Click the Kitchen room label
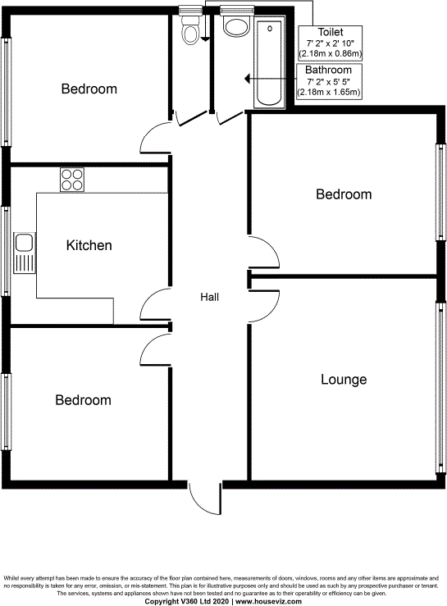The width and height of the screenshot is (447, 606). click(89, 245)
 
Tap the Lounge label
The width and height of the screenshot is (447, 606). click(343, 380)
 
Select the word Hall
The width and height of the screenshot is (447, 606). click(210, 297)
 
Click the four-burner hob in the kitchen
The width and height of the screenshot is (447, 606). click(71, 180)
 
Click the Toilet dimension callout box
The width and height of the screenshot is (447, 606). click(331, 43)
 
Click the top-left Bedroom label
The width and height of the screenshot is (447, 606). click(89, 89)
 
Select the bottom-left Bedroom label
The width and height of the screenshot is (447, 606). click(83, 400)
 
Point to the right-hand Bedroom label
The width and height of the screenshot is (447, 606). click(344, 194)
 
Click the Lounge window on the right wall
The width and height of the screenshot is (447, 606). click(440, 385)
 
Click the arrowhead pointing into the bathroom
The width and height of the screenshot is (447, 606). click(247, 79)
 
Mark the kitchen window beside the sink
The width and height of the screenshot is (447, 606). click(6, 250)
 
